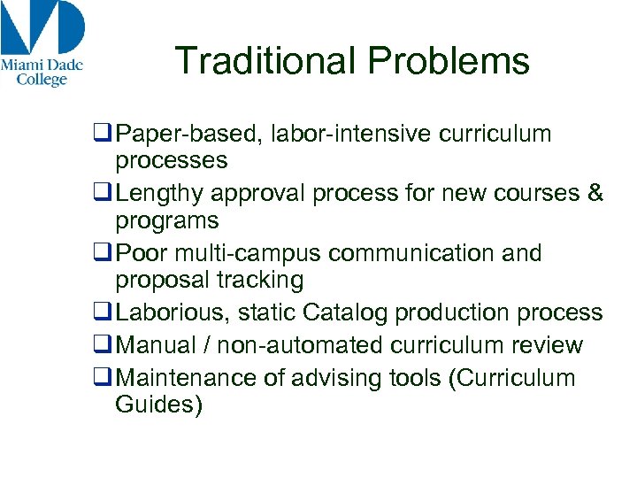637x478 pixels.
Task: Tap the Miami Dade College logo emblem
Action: [42, 27]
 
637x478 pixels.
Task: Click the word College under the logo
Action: [42, 80]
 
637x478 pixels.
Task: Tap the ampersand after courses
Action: [595, 194]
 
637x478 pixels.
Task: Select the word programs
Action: [166, 220]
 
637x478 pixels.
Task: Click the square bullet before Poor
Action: [102, 253]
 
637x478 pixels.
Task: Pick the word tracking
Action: [261, 281]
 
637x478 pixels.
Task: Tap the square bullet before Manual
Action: [102, 345]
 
